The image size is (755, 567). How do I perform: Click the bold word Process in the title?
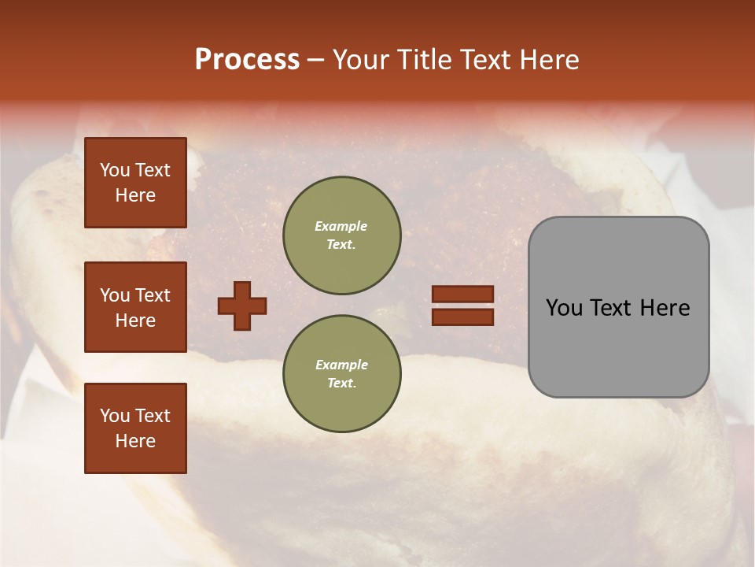pos(247,60)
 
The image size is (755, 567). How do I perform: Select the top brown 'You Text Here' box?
pos(135,183)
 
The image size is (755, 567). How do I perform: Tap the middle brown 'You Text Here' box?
pos(135,307)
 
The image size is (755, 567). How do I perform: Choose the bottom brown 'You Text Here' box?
pos(135,428)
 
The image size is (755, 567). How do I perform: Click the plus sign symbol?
pos(242,306)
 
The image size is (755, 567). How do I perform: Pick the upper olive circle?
pos(341,235)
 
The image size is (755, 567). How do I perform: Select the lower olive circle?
pos(341,373)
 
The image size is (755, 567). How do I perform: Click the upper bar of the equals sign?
pos(462,294)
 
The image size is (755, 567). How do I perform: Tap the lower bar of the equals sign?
pos(462,317)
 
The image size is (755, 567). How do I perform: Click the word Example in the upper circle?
pos(341,226)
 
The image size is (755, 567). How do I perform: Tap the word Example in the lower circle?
pos(341,365)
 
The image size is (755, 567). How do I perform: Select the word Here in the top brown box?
pos(135,195)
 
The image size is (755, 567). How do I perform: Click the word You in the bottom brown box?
pos(115,416)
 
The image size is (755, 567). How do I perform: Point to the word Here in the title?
pos(548,60)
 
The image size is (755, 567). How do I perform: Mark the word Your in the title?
pos(361,60)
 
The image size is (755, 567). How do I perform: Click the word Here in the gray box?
pos(665,308)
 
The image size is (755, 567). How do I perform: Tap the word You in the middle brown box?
pos(115,295)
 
